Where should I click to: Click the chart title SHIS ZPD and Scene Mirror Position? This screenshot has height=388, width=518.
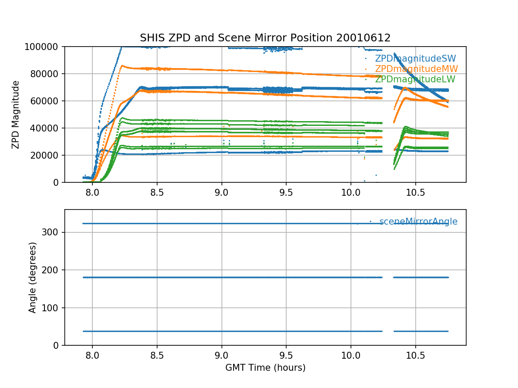coord(265,38)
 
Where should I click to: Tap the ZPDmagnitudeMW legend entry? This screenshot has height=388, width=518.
coord(416,69)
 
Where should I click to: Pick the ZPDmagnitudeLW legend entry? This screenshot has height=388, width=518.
coord(415,79)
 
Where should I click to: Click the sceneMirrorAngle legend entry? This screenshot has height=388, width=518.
coord(418,222)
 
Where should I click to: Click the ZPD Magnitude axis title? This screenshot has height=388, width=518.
coord(16,115)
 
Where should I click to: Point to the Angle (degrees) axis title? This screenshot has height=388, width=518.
coord(32,277)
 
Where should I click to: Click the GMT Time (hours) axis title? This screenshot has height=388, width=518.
coord(265,368)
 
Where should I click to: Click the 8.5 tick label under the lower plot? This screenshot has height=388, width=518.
coord(157,355)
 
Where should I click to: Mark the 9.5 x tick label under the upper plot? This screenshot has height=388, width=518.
coord(286,192)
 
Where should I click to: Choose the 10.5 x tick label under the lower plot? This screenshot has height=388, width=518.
coord(415,355)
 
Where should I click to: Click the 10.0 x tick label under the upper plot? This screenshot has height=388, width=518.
coord(351,192)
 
